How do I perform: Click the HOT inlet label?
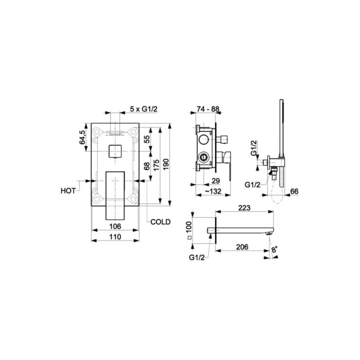(68, 191)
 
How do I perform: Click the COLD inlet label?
(160, 222)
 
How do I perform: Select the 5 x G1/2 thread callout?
(144, 109)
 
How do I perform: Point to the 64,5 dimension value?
(82, 137)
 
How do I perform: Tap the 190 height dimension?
(166, 164)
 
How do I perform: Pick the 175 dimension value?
(156, 165)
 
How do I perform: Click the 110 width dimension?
(115, 237)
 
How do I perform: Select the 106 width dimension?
(115, 226)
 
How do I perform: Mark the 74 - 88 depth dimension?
(208, 109)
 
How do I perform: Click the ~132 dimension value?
(213, 191)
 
